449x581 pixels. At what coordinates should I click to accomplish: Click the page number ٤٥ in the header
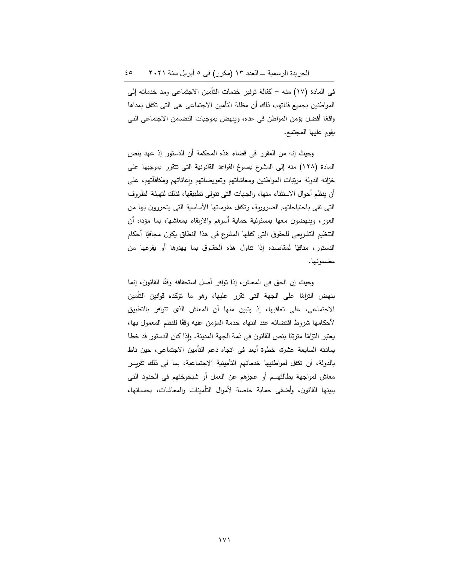[x=129, y=73]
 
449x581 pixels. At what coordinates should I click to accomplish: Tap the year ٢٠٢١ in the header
[x=156, y=73]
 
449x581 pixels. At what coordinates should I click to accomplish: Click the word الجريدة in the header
[x=299, y=73]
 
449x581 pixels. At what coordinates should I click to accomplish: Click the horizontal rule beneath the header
[x=229, y=81]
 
